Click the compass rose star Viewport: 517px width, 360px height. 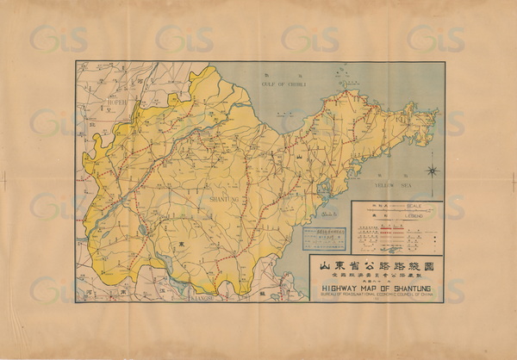click(432, 171)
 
